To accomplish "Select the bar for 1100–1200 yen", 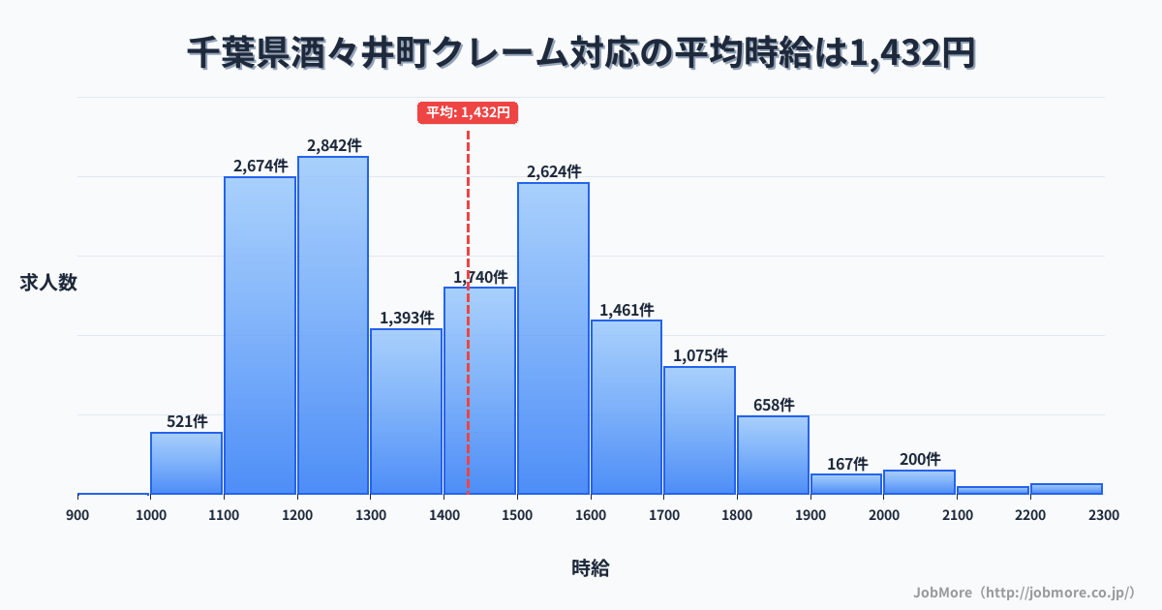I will pyautogui.click(x=260, y=335).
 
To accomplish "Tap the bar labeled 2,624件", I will pyautogui.click(x=553, y=338).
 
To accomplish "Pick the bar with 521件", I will pyautogui.click(x=186, y=463).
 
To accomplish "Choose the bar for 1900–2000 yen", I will pyautogui.click(x=846, y=483).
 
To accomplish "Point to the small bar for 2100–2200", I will pyautogui.click(x=993, y=490).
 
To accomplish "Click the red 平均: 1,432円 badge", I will pyautogui.click(x=468, y=112).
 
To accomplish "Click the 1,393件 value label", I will pyautogui.click(x=407, y=317).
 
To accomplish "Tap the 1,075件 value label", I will pyautogui.click(x=700, y=355).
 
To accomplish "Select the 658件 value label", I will pyautogui.click(x=774, y=405).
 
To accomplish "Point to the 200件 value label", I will pyautogui.click(x=919, y=459).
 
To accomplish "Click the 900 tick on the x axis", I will pyautogui.click(x=77, y=515).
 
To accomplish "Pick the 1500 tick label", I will pyautogui.click(x=517, y=515).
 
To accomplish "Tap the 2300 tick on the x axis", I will pyautogui.click(x=1103, y=515).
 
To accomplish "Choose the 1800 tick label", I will pyautogui.click(x=737, y=515).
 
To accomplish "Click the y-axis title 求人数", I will pyautogui.click(x=48, y=283).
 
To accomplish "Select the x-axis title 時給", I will pyautogui.click(x=590, y=568).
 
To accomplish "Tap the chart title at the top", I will pyautogui.click(x=581, y=54).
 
